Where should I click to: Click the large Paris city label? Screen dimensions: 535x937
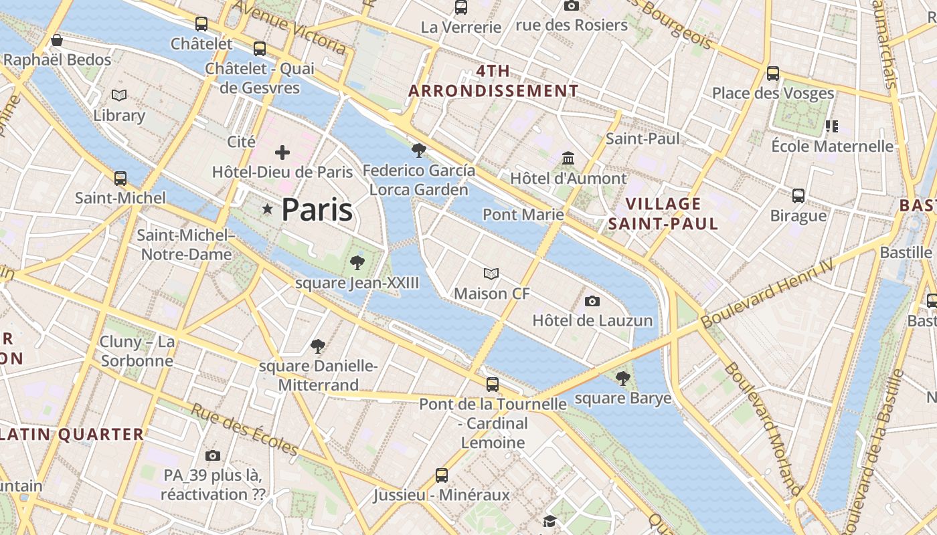point(317,210)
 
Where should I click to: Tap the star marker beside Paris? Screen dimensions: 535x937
point(268,210)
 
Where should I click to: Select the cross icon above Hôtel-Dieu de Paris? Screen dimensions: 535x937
point(282,152)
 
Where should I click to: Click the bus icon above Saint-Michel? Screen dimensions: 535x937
point(120,179)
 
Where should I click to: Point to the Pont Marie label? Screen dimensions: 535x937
point(523,215)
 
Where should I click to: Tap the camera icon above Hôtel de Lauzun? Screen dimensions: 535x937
point(592,302)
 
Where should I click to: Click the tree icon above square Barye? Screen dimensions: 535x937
point(622,379)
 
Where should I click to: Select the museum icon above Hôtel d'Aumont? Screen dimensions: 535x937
point(568,158)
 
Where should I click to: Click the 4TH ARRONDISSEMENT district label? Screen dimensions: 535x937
point(493,81)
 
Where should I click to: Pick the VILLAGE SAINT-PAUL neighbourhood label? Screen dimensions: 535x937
point(663,214)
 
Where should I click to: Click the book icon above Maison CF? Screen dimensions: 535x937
point(491,274)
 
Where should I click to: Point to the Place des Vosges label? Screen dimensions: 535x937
point(773,93)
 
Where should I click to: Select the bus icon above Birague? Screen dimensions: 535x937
point(798,196)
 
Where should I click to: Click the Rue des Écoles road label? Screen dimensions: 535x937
point(244,429)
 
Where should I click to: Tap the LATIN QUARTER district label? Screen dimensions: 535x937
point(72,435)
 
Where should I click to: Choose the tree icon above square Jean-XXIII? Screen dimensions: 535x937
point(357,262)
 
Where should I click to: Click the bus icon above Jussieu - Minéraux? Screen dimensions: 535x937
point(442,475)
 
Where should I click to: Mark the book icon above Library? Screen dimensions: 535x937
point(119,96)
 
